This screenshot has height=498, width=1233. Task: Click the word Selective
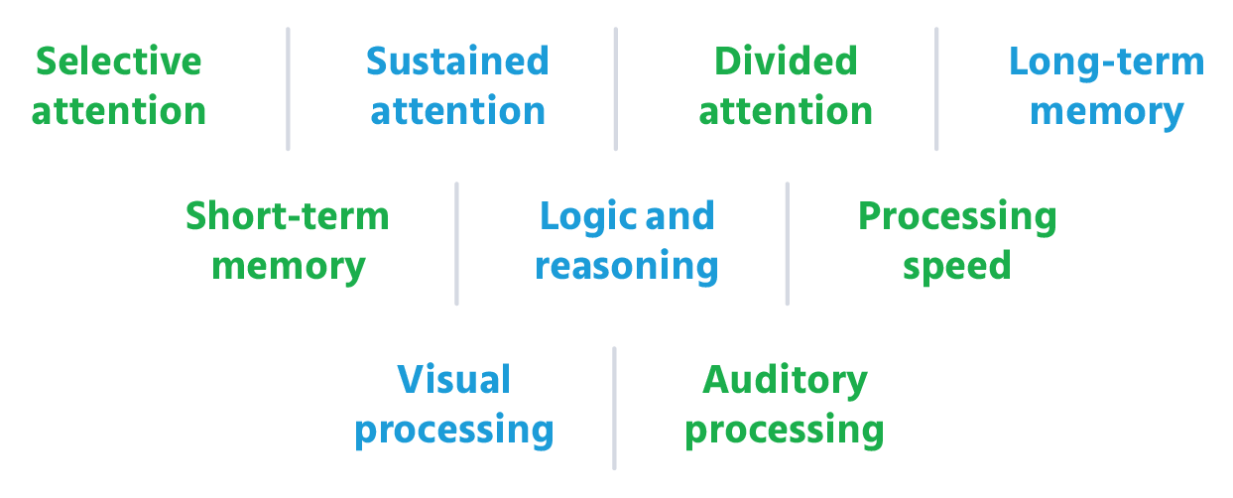(118, 62)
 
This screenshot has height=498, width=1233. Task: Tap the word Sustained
(456, 62)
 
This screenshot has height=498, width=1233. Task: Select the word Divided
(785, 62)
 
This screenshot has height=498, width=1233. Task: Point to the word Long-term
(1106, 62)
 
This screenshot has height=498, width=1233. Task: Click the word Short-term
(287, 216)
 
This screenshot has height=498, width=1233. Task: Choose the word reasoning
(626, 266)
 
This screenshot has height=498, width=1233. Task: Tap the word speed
(956, 266)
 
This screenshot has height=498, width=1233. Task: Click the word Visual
(453, 380)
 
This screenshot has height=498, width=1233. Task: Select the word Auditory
(785, 380)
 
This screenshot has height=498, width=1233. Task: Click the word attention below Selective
(118, 111)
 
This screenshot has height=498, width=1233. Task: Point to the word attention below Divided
(785, 111)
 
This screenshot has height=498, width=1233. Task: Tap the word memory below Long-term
(1106, 111)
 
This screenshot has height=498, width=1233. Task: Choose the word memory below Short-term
(288, 266)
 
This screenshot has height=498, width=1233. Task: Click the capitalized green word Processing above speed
(956, 216)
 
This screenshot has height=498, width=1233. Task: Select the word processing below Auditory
(784, 431)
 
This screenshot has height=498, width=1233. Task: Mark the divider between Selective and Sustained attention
(289, 89)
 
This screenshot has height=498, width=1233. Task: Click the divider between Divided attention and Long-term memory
(936, 89)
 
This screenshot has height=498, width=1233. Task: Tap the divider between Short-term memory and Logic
(456, 243)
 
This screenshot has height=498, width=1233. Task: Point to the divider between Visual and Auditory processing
(614, 408)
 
